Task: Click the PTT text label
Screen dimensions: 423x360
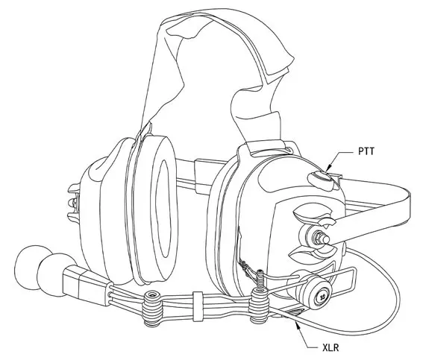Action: pyautogui.click(x=366, y=151)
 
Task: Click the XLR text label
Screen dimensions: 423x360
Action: pyautogui.click(x=330, y=347)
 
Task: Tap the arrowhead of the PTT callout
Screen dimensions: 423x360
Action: pyautogui.click(x=328, y=168)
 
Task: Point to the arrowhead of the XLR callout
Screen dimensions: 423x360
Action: pyautogui.click(x=297, y=325)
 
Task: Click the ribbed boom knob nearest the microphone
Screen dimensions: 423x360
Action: pyautogui.click(x=152, y=308)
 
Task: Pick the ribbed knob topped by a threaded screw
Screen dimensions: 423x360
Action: pyautogui.click(x=260, y=305)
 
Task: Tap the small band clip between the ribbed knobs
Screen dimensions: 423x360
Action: pyautogui.click(x=198, y=306)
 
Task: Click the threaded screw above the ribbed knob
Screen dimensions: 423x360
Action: pyautogui.click(x=260, y=278)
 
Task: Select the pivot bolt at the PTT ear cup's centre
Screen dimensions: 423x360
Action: pyautogui.click(x=320, y=238)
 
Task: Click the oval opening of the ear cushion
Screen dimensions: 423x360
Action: pyautogui.click(x=165, y=208)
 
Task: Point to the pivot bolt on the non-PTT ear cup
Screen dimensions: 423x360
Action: pyautogui.click(x=73, y=203)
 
